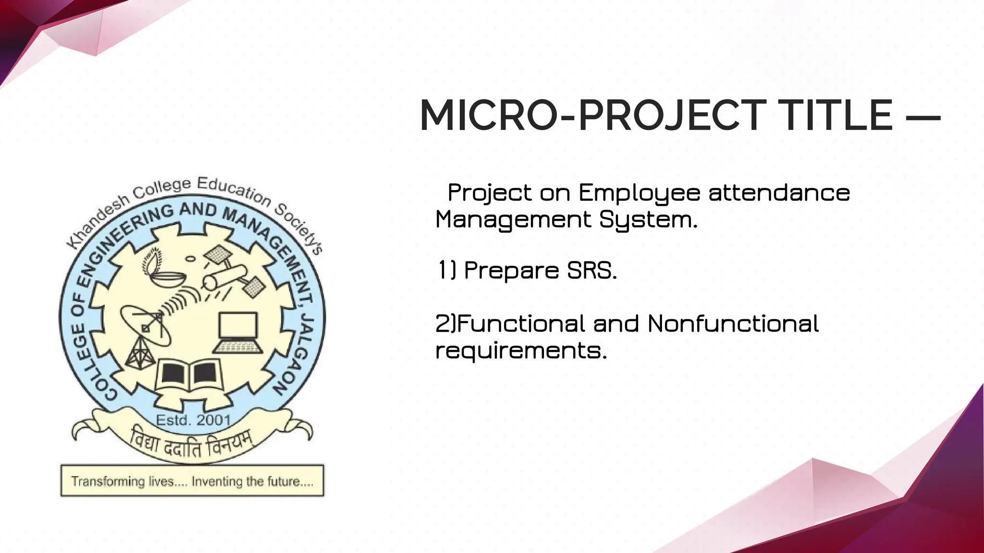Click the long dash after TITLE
point(923,117)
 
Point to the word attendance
point(779,193)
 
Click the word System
point(648,220)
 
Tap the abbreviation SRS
point(591,271)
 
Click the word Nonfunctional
point(733,324)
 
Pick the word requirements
point(521,351)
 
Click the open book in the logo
point(189,375)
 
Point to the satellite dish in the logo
point(144,326)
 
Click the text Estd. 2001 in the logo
point(193,421)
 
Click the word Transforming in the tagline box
point(108,481)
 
